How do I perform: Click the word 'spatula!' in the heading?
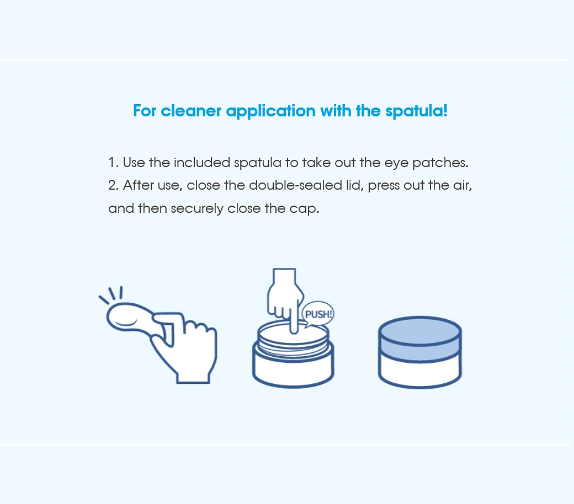[416, 111]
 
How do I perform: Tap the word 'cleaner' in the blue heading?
[191, 111]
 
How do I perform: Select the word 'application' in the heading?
[271, 111]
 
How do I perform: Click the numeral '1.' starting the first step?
[114, 163]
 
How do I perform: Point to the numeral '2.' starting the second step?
[114, 185]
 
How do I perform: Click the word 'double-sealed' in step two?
[295, 185]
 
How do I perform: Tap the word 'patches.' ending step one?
[440, 163]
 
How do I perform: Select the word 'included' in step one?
[201, 163]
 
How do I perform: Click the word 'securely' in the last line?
[197, 209]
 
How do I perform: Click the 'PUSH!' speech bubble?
[318, 314]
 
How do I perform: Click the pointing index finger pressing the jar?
[294, 318]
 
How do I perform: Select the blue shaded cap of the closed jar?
[420, 339]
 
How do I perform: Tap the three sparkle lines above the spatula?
[111, 294]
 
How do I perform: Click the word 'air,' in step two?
[463, 185]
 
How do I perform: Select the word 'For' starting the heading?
[145, 111]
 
